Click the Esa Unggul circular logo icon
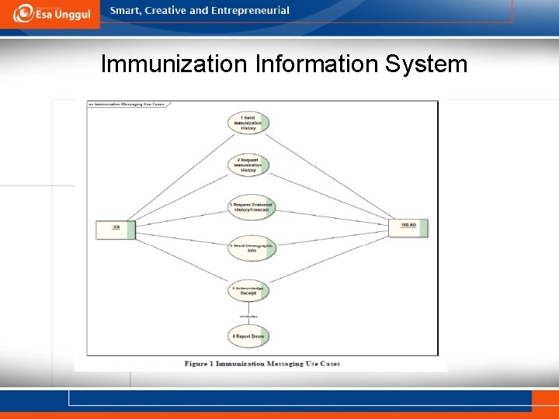[x=23, y=13]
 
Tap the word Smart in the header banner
[x=126, y=11]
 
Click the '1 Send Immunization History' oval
[x=248, y=123]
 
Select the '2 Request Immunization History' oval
[x=248, y=164]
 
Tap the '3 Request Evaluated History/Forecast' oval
[x=251, y=208]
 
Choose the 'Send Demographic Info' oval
[x=251, y=248]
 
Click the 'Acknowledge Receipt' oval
[x=248, y=292]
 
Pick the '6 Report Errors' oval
[x=248, y=336]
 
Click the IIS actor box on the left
[x=116, y=228]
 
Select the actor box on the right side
[x=409, y=226]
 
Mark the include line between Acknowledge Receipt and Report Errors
[x=248, y=313]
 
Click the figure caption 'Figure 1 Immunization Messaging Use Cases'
[x=262, y=363]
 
